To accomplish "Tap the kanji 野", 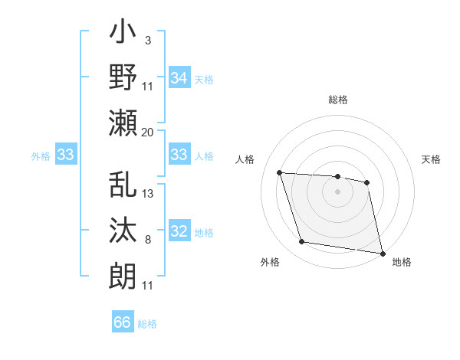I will pos(123,79).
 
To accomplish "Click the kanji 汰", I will pos(123,231).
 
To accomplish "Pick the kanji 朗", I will pos(123,276).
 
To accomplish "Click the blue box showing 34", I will pos(179,77).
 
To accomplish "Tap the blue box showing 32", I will pos(179,232).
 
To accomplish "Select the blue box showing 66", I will pos(123,322).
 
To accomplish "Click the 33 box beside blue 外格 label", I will pos(65,155).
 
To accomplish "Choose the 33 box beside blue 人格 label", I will pos(179,155).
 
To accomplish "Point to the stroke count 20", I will pos(147,132).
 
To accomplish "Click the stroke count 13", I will pos(148,193).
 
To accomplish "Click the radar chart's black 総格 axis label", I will pos(337,100).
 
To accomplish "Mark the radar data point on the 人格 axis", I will pos(280,172).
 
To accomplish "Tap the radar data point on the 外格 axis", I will pos(302,242).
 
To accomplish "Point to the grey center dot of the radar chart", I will pos(337,191).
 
